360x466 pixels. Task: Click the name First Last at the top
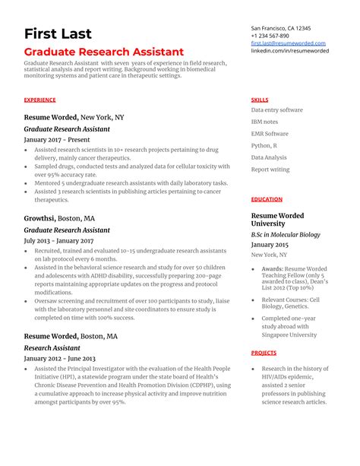pos(58,33)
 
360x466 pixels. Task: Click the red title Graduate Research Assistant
pos(103,52)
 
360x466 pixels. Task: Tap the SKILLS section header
pos(260,100)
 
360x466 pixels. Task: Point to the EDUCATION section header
pos(267,199)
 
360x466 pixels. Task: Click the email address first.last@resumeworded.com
pos(288,44)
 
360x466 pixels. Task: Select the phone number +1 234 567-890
pos(270,36)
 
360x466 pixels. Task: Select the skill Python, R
pos(264,145)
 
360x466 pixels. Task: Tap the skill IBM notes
pos(264,122)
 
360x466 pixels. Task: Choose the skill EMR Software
pos(270,134)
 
